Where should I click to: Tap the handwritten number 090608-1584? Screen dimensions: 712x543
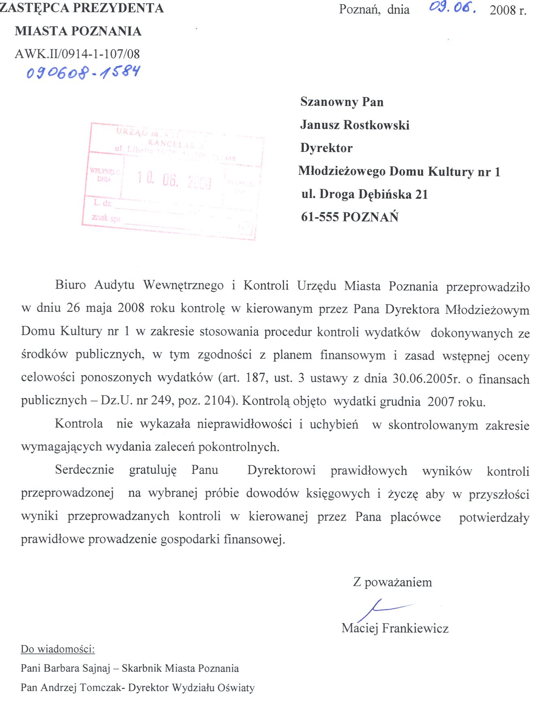click(x=83, y=72)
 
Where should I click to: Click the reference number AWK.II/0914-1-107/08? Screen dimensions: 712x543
click(x=77, y=54)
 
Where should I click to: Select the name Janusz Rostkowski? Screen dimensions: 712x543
click(x=355, y=125)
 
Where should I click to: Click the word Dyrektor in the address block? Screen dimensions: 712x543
click(x=326, y=148)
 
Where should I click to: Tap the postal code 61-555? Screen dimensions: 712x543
click(x=319, y=217)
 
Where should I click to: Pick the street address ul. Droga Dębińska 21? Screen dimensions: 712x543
click(x=364, y=194)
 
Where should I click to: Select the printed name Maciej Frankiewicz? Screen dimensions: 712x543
click(x=395, y=628)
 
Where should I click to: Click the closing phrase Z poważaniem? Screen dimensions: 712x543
click(x=392, y=582)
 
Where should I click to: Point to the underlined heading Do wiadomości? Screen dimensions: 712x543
click(x=58, y=649)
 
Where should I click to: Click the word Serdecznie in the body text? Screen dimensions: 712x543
click(x=85, y=470)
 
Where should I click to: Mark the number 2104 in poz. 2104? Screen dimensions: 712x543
click(x=219, y=401)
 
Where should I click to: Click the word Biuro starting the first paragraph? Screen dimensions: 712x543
click(x=70, y=285)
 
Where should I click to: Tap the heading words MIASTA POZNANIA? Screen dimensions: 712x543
click(x=78, y=31)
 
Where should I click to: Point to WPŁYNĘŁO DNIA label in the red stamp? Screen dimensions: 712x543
click(x=104, y=175)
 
